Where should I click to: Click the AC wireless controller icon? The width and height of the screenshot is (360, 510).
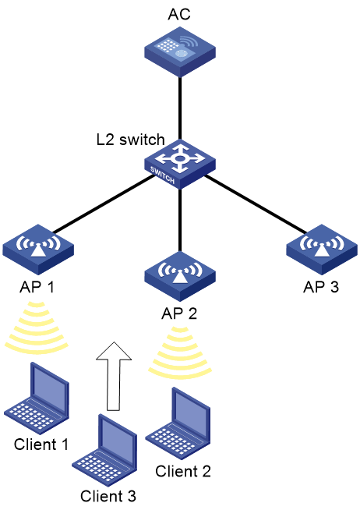[180, 51]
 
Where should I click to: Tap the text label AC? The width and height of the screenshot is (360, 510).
[179, 14]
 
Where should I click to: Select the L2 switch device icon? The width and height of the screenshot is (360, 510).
[180, 165]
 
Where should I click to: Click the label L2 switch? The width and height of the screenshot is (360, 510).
[131, 140]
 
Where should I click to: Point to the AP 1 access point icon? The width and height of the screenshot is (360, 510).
[38, 250]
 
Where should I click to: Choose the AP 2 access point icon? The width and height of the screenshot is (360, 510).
[180, 277]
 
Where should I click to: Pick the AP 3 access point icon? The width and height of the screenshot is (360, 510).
[322, 250]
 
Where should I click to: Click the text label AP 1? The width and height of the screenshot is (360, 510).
[37, 287]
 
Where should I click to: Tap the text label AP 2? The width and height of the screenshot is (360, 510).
[179, 313]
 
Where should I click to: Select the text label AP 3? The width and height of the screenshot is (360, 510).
[321, 287]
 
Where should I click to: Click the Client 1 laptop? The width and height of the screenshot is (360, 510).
[37, 398]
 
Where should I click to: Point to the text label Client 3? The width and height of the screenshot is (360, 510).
[108, 496]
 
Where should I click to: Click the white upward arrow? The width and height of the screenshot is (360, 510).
[114, 376]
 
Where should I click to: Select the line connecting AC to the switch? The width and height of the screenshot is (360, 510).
[180, 108]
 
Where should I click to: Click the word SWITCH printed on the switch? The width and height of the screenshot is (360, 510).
[162, 175]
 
